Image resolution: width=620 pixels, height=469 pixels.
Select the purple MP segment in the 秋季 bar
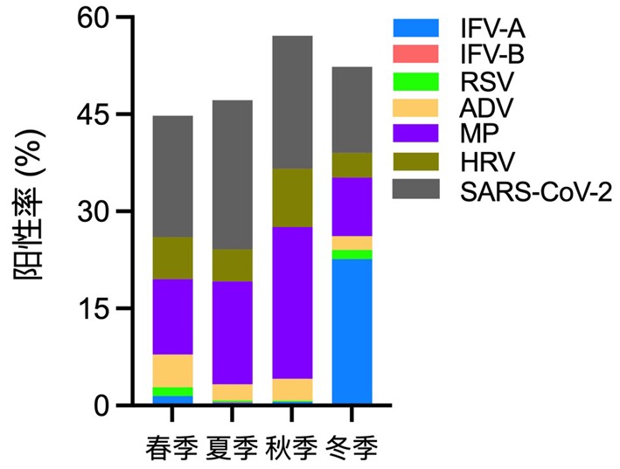click(292, 302)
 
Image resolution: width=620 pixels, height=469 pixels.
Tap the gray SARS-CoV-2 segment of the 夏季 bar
click(233, 175)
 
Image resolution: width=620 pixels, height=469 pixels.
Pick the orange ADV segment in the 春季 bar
click(172, 370)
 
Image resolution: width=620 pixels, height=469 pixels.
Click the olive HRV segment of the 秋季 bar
click(292, 197)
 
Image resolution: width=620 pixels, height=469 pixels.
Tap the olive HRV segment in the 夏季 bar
click(233, 266)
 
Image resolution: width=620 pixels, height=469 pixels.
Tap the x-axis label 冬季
click(352, 448)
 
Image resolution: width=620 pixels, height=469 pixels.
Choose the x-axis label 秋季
click(292, 448)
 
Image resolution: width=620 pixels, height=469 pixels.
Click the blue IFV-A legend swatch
click(415, 29)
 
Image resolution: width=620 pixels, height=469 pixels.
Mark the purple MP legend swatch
click(415, 135)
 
